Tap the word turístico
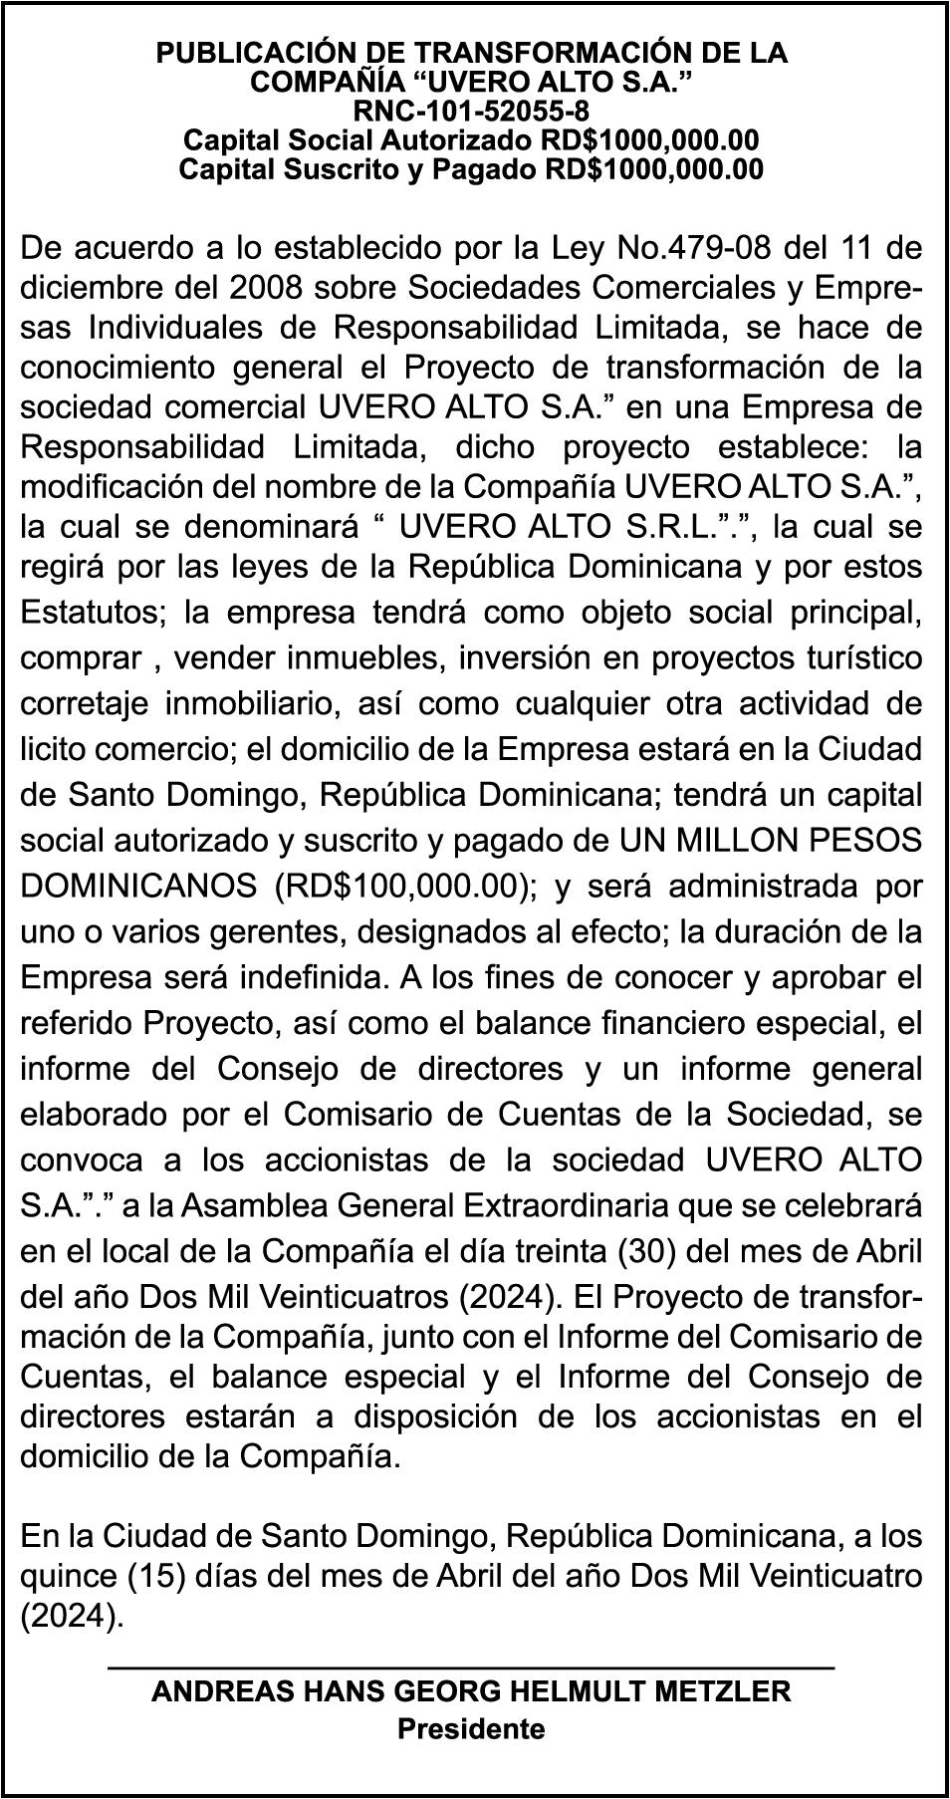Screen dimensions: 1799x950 (853, 657)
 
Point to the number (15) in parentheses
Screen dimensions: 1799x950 (143, 1577)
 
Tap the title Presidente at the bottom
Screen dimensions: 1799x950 (471, 1728)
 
